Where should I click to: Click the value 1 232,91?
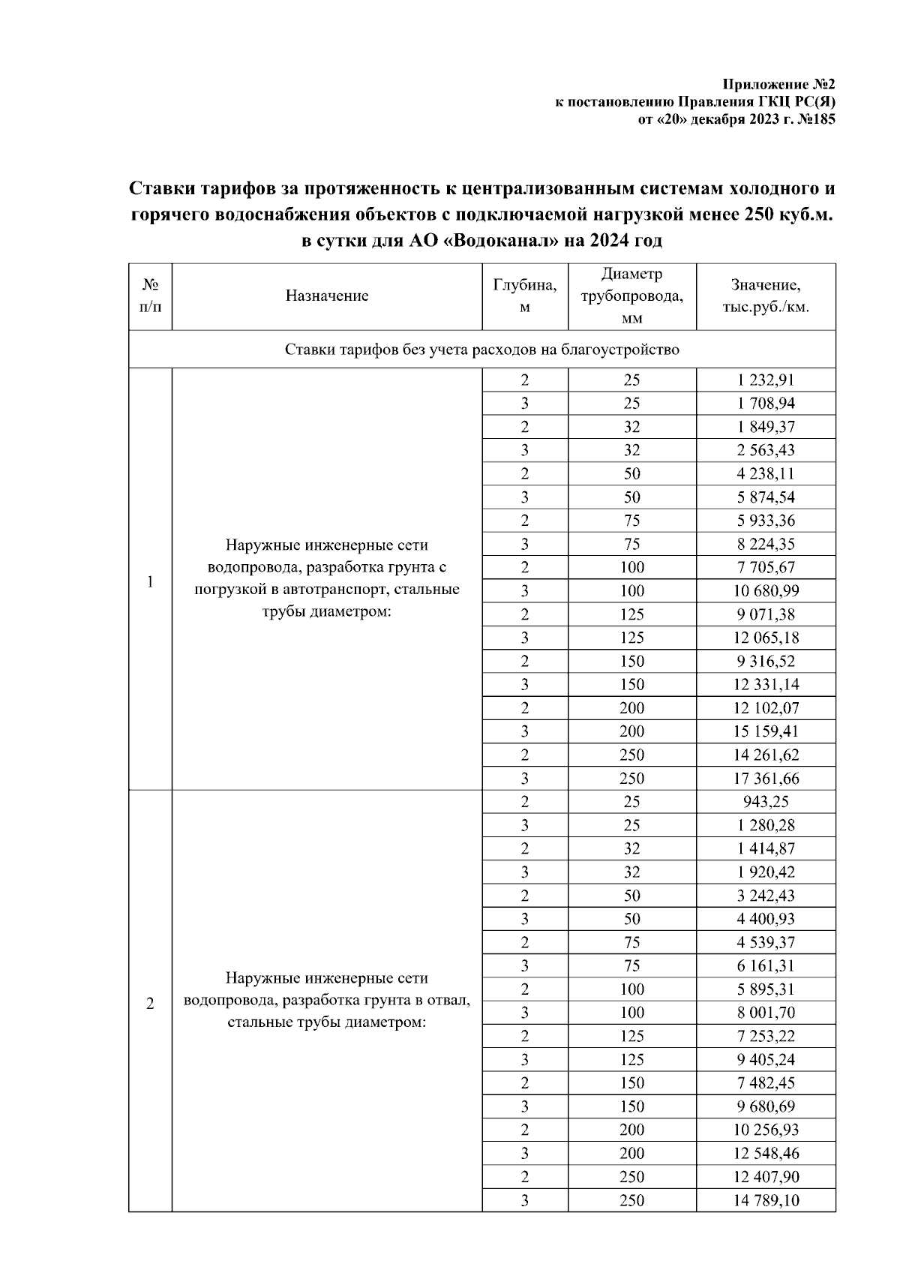click(x=766, y=380)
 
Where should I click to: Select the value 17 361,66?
click(x=766, y=778)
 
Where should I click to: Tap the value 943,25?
click(x=766, y=801)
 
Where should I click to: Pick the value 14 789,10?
click(x=766, y=1200)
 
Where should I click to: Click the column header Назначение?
click(x=327, y=296)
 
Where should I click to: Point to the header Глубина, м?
click(x=525, y=296)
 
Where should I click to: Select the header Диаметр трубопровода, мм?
click(x=632, y=296)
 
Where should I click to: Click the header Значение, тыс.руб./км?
click(x=766, y=296)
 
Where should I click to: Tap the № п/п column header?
click(x=150, y=296)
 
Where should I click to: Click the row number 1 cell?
click(x=150, y=582)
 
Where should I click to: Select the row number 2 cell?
click(x=150, y=1004)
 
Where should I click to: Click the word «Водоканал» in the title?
click(x=505, y=241)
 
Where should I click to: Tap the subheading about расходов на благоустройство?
click(x=482, y=350)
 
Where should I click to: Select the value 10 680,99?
click(x=766, y=591)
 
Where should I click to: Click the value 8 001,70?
click(x=766, y=1013)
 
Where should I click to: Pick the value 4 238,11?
click(x=766, y=473)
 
